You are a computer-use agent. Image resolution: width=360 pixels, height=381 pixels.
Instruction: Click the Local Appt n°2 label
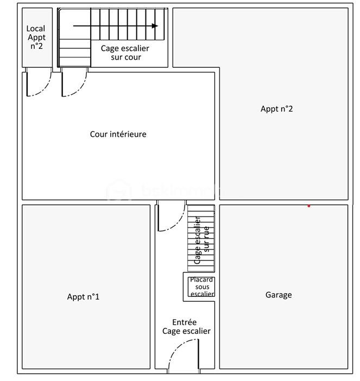(36, 37)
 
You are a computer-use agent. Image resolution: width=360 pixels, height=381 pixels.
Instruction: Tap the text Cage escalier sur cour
(125, 53)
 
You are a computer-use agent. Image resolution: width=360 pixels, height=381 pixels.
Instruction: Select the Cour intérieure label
(118, 134)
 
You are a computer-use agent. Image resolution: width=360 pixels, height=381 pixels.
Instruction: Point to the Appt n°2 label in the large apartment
(276, 109)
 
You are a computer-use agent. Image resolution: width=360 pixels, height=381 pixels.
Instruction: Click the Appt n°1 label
(83, 297)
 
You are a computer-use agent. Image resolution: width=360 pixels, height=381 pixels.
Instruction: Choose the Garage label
(279, 295)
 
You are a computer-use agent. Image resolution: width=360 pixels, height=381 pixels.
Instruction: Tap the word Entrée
(184, 322)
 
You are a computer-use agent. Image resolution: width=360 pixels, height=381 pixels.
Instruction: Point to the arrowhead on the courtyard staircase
(155, 26)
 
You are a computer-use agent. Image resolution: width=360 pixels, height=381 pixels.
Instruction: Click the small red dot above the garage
(309, 206)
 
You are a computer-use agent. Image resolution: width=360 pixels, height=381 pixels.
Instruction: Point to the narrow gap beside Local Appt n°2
(55, 37)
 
